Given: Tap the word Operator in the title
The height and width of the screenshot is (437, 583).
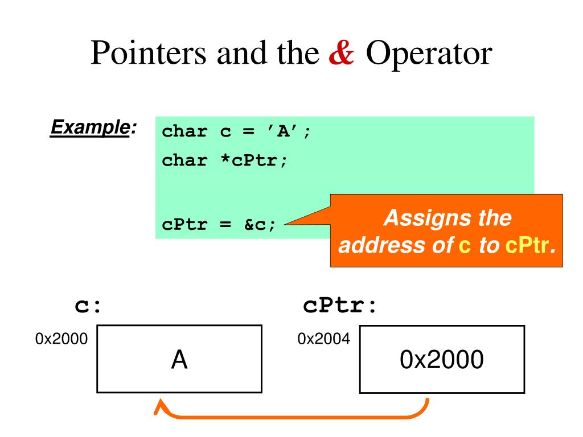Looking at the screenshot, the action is (x=428, y=54).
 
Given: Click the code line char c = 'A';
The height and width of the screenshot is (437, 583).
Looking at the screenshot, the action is (x=237, y=132).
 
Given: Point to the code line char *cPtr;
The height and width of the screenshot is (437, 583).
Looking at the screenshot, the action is (x=225, y=160).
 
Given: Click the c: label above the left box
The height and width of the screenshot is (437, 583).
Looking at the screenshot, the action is (x=88, y=306).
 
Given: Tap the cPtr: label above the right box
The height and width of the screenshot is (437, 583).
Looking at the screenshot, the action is (x=340, y=306).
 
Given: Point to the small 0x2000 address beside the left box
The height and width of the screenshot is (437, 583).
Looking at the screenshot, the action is (x=61, y=339).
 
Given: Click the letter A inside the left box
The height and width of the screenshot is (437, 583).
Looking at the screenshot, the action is (x=179, y=360).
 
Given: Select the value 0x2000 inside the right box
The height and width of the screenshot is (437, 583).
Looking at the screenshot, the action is (x=442, y=360).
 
